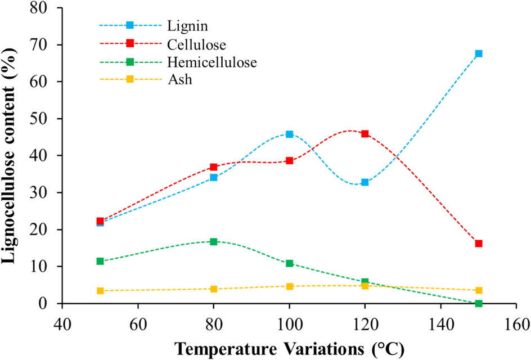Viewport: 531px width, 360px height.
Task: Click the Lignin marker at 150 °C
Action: click(479, 53)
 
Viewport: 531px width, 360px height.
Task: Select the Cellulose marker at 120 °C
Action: click(365, 134)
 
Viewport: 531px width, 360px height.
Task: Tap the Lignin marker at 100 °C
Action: click(289, 134)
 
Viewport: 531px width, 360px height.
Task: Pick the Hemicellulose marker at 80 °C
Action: click(214, 241)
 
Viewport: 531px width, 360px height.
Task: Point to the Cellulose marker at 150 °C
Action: click(479, 244)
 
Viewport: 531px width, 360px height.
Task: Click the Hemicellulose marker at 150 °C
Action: click(479, 303)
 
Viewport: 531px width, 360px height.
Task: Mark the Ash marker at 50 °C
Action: click(100, 291)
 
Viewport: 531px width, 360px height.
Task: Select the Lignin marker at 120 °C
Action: click(365, 182)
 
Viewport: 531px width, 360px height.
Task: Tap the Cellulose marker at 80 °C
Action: click(214, 167)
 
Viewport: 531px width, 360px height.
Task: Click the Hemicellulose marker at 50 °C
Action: click(100, 261)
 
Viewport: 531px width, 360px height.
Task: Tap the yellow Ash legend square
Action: click(129, 80)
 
